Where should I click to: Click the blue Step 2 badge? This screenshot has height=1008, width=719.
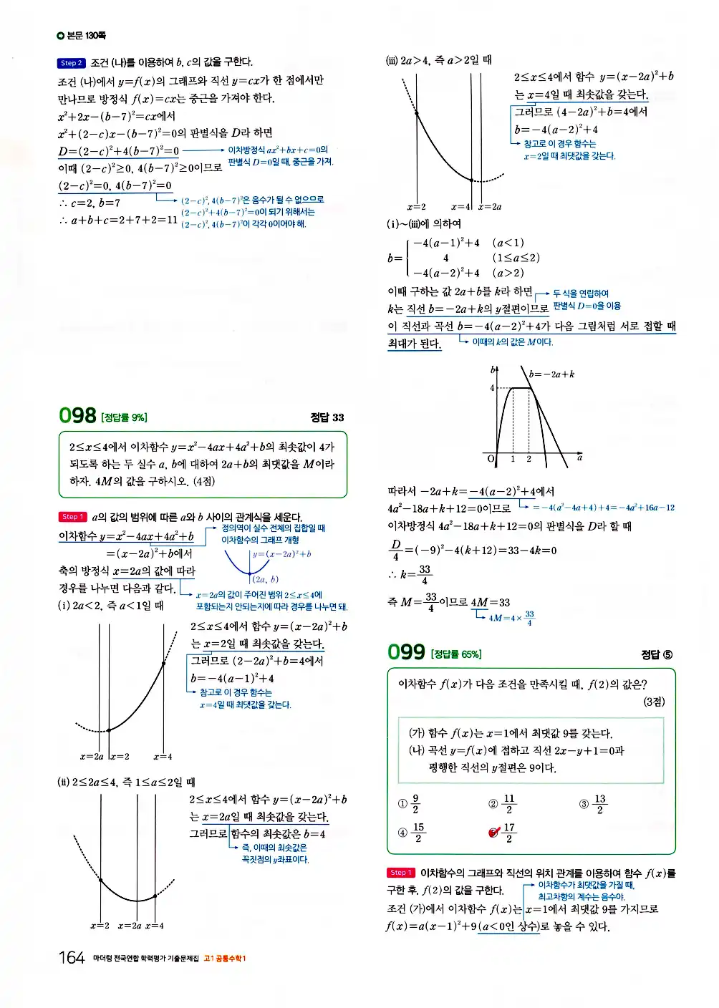pyautogui.click(x=71, y=63)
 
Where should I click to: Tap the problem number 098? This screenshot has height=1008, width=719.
pyautogui.click(x=77, y=416)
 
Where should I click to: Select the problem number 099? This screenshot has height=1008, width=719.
pyautogui.click(x=406, y=652)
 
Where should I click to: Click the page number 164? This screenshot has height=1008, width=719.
pyautogui.click(x=72, y=958)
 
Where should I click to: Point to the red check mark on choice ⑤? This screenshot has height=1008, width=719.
pyautogui.click(x=493, y=832)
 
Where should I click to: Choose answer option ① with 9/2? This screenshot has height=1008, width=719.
pyautogui.click(x=409, y=804)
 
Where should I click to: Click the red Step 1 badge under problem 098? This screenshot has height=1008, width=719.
pyautogui.click(x=72, y=517)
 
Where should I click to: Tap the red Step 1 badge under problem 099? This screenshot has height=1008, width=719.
pyautogui.click(x=400, y=873)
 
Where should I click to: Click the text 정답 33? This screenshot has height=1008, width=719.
pyautogui.click(x=327, y=417)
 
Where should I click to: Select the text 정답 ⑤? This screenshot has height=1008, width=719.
pyautogui.click(x=657, y=654)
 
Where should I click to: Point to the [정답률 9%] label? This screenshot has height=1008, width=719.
pyautogui.click(x=125, y=418)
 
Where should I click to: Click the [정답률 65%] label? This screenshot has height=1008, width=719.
pyautogui.click(x=456, y=654)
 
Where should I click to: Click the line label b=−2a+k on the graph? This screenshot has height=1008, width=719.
pyautogui.click(x=551, y=374)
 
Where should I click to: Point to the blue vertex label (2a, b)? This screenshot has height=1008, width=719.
pyautogui.click(x=265, y=580)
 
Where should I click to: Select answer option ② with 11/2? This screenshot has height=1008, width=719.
pyautogui.click(x=501, y=804)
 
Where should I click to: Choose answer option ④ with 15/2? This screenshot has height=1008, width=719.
pyautogui.click(x=411, y=833)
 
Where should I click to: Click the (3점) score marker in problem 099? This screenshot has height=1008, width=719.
pyautogui.click(x=653, y=702)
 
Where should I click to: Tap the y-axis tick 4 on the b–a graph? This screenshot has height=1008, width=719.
pyautogui.click(x=492, y=388)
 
